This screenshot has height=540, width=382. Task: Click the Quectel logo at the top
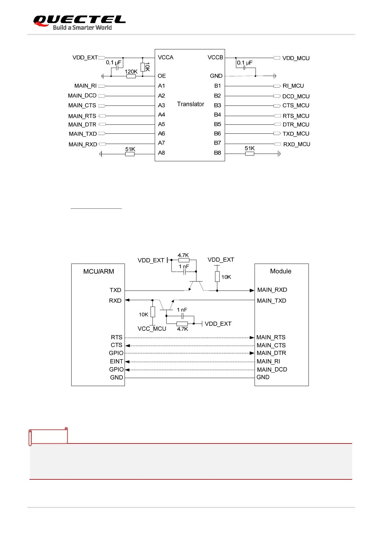(79, 22)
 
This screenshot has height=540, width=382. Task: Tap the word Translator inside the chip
(190, 104)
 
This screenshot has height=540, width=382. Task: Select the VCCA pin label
(165, 57)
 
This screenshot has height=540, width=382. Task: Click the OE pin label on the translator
(161, 76)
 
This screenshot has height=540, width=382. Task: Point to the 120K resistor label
(131, 72)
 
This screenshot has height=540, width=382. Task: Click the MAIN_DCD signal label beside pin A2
(82, 96)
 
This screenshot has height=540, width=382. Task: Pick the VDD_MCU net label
(296, 58)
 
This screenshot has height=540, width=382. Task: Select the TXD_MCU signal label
(296, 134)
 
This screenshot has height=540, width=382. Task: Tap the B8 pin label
(217, 153)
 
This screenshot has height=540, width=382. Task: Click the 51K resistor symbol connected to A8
(130, 154)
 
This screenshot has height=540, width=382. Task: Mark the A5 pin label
(161, 124)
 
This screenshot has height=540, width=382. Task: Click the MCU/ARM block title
(99, 272)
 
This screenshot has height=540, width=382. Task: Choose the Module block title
(281, 271)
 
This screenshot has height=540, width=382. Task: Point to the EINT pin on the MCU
(117, 361)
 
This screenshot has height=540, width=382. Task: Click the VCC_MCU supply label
(152, 329)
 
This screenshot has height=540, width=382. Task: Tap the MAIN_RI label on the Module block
(268, 361)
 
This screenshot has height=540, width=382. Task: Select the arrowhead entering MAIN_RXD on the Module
(252, 291)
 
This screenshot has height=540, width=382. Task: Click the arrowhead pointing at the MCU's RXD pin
(127, 300)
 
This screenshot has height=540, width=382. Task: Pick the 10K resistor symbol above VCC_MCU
(153, 312)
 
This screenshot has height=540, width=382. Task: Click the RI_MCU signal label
(293, 86)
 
